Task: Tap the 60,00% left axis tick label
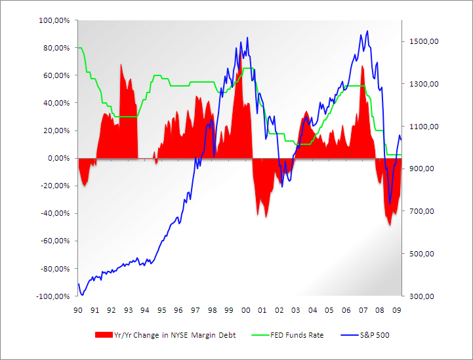click(57, 75)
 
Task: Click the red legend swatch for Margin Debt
click(104, 335)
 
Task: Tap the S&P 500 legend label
click(375, 335)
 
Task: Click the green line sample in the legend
click(258, 335)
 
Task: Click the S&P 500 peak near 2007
click(367, 31)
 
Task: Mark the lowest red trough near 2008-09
click(390, 225)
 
